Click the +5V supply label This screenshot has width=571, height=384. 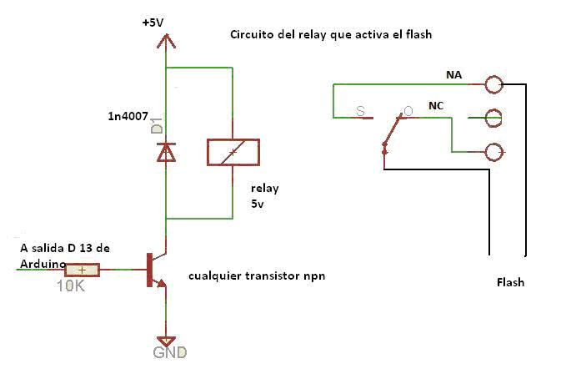point(153,23)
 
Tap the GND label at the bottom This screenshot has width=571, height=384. point(169,353)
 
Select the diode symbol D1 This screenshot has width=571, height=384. point(167,151)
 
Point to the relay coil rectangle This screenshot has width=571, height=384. point(233,152)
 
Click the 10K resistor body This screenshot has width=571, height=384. point(83,270)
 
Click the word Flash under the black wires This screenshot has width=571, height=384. point(510,282)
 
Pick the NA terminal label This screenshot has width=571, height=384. point(453,75)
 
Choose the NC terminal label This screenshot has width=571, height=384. point(436,106)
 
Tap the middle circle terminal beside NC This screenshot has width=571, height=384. point(494,118)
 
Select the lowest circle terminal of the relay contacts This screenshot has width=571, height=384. point(494,152)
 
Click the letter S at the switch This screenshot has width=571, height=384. point(360,110)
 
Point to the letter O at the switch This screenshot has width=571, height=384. point(408,110)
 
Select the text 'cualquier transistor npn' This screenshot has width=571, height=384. point(257,275)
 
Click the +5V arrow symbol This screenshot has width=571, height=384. point(167,42)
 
